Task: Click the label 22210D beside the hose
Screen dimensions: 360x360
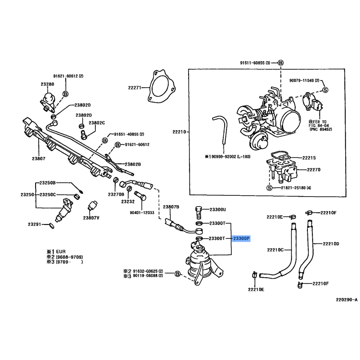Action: pos(331,244)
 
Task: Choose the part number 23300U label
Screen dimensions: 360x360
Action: pos(218,210)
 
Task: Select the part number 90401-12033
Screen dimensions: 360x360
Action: pos(144,212)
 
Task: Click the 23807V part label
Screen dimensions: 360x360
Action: pos(91,218)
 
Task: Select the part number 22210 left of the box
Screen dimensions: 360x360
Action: pos(179,132)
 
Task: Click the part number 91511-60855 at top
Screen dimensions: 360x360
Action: pos(255,63)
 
